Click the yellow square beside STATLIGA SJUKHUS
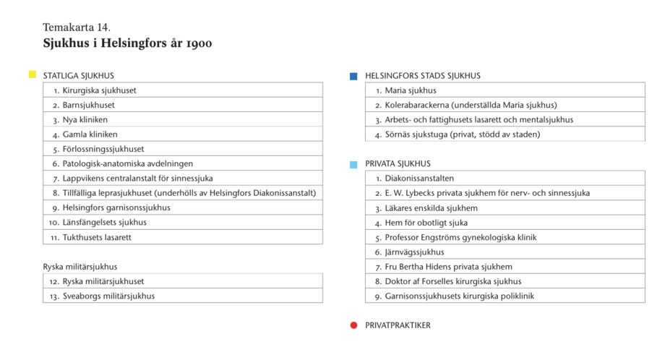click(x=32, y=74)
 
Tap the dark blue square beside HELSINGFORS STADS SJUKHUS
click(x=353, y=75)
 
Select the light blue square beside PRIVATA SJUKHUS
click(x=353, y=164)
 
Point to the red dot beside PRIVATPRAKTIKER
click(x=353, y=325)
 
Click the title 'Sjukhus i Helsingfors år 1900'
click(x=127, y=43)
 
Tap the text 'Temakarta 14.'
click(x=77, y=27)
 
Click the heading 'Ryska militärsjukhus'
click(x=80, y=267)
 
